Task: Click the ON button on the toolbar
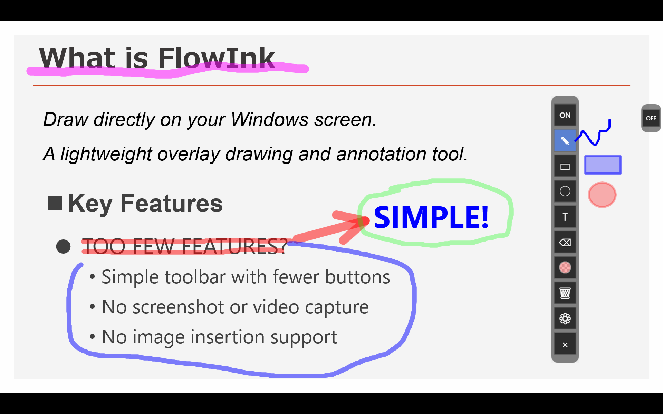pos(565,115)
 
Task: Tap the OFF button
pos(651,118)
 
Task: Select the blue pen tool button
pos(565,140)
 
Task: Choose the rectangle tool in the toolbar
pos(565,167)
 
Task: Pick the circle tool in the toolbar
pos(565,191)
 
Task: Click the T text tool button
pos(565,217)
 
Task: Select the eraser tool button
pos(565,243)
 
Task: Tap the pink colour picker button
pos(565,267)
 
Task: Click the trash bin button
pos(565,293)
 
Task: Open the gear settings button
pos(565,318)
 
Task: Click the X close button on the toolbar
pos(565,345)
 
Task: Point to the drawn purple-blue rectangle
pos(603,165)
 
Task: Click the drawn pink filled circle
pos(602,195)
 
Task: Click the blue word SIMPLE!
pos(431,217)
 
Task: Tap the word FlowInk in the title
pos(217,58)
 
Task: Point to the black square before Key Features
pos(55,203)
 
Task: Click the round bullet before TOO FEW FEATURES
pos(63,247)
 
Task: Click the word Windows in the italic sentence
pos(270,120)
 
